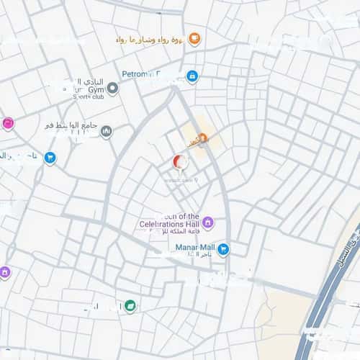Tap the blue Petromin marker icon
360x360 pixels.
click(x=192, y=76)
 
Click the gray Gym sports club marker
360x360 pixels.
click(x=112, y=88)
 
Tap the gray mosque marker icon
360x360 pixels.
click(x=107, y=132)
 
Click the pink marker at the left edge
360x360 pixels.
click(x=8, y=124)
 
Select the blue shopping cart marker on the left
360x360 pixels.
click(x=50, y=157)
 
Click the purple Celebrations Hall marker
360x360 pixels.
click(x=207, y=222)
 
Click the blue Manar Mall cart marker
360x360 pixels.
click(x=223, y=249)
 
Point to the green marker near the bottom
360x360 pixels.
click(x=130, y=305)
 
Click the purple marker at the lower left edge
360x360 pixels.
click(x=5, y=272)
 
